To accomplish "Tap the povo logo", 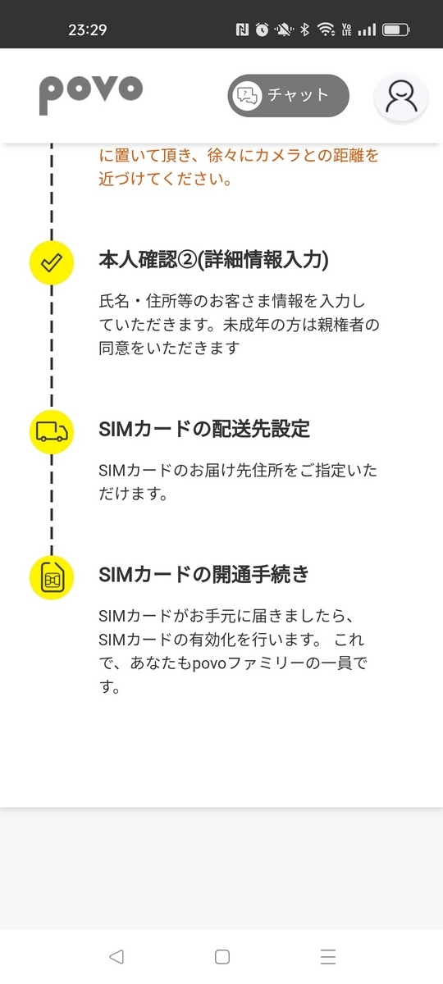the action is point(91,95).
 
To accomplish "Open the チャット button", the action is point(288,95).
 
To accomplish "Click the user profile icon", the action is point(401,98).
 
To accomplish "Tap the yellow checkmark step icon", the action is point(52,262).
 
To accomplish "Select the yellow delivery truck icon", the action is point(52,432).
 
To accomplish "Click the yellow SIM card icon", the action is point(52,577).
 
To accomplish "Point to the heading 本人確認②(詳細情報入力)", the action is point(213,260).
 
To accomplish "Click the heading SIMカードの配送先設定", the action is point(204,429).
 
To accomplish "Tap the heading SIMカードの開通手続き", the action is point(204,575).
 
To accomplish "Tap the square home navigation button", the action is point(222,957).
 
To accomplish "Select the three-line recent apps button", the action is point(328,957).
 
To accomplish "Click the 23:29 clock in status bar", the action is point(88,30).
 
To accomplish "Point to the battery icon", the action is point(396,30).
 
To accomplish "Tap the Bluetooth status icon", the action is point(304,30).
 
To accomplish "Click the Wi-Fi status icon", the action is point(327,30).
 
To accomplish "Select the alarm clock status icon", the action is point(263,30).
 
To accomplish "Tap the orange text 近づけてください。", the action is point(166,179).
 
